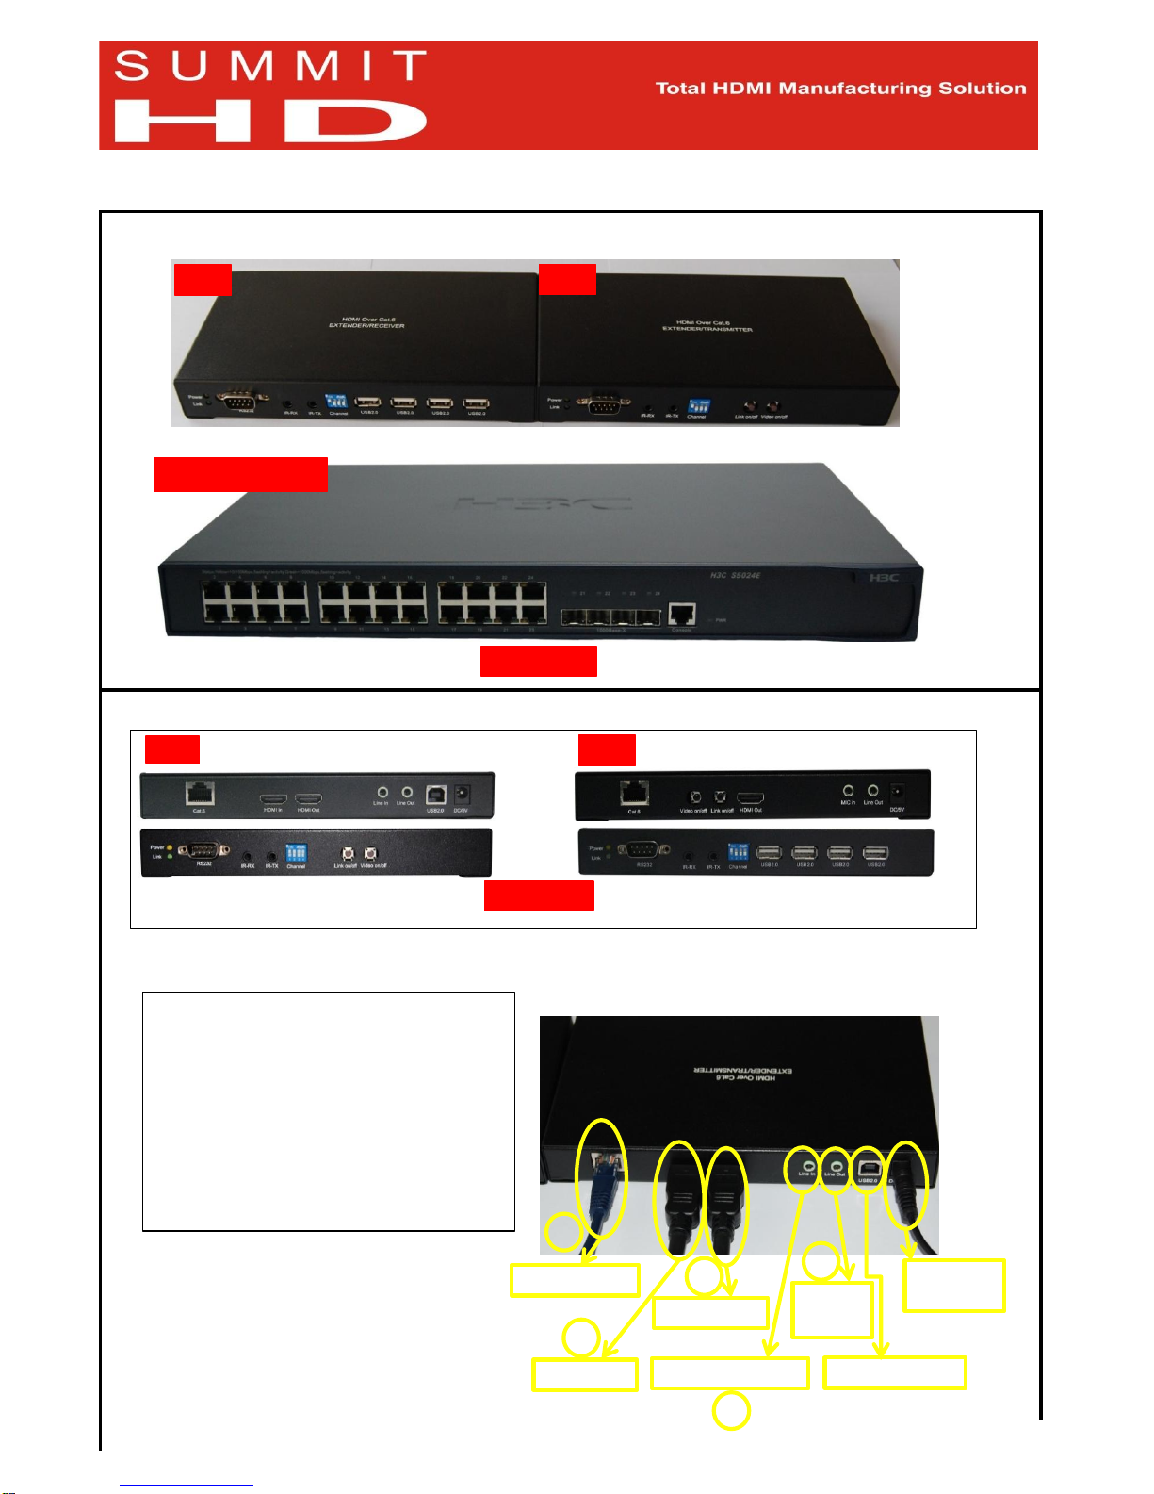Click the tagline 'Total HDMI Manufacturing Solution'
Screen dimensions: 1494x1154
[840, 89]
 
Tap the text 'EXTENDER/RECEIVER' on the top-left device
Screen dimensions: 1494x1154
[366, 326]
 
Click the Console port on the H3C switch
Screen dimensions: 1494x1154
[682, 615]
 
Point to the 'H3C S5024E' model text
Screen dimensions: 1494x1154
[735, 575]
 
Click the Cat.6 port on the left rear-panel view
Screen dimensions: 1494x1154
[200, 794]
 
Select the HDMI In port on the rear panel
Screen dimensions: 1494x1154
[272, 798]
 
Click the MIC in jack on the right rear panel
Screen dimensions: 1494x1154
[848, 791]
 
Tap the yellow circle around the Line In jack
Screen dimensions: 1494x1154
[804, 1170]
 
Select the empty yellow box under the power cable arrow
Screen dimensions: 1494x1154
[953, 1286]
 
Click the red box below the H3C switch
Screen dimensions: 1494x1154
[538, 661]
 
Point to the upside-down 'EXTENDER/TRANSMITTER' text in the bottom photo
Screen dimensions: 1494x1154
[743, 1074]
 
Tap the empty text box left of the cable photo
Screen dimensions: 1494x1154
[328, 1110]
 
